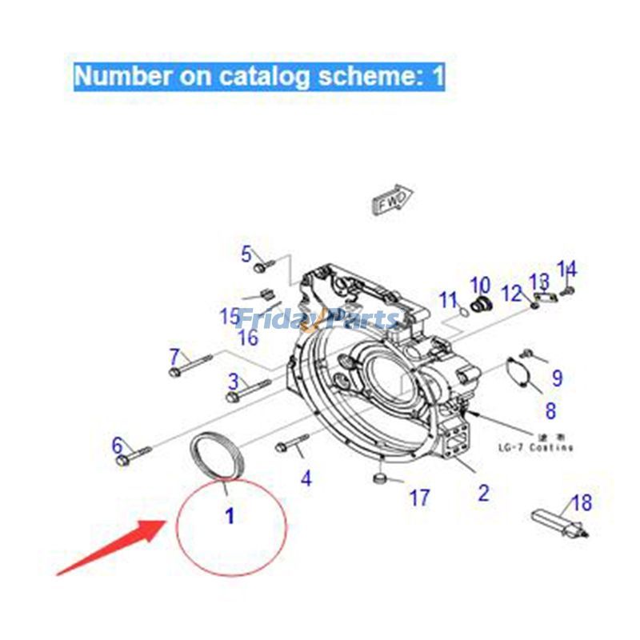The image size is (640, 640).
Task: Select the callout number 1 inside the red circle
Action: point(230,517)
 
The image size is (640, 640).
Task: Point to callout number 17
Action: point(419,498)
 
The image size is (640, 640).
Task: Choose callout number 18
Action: point(582,503)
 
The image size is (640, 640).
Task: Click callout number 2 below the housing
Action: point(483,492)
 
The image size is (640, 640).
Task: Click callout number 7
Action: point(175,354)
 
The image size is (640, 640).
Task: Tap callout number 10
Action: point(479,285)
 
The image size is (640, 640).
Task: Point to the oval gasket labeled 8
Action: point(523,377)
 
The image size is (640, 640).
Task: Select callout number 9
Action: point(557,378)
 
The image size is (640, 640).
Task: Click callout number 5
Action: point(246,254)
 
